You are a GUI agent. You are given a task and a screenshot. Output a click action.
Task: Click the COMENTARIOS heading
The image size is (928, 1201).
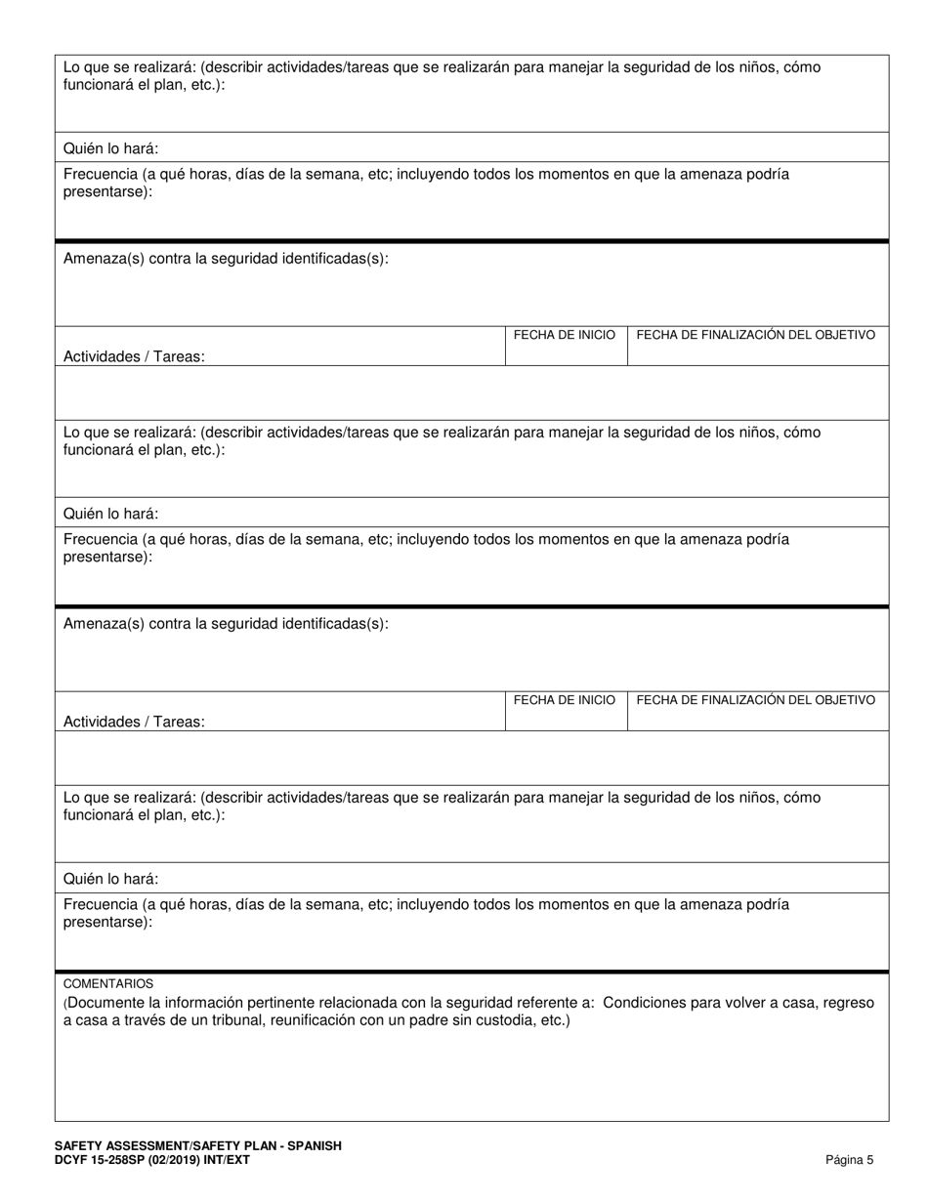point(108,983)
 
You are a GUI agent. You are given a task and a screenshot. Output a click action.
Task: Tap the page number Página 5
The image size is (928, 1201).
point(850,1160)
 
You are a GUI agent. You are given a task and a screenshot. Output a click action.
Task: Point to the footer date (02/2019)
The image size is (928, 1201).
point(182,1160)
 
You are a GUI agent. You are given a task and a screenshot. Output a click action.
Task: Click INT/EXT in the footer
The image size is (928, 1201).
point(232,1160)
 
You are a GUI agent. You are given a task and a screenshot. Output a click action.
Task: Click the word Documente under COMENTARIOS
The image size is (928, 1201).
point(101,1003)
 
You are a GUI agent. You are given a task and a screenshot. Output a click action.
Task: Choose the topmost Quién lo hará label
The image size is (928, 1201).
point(110,149)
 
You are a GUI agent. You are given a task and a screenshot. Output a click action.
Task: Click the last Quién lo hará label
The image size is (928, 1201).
point(110,879)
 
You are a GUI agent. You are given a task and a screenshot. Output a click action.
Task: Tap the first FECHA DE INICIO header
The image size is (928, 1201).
point(565,335)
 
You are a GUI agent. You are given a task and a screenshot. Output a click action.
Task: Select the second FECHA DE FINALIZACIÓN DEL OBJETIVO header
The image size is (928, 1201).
point(755,700)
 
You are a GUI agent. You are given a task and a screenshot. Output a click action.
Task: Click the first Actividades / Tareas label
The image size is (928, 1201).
point(134,357)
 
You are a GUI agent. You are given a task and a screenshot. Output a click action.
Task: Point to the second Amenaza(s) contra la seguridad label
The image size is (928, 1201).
point(226,624)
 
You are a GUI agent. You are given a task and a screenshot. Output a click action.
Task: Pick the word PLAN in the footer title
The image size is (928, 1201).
point(255,1146)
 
